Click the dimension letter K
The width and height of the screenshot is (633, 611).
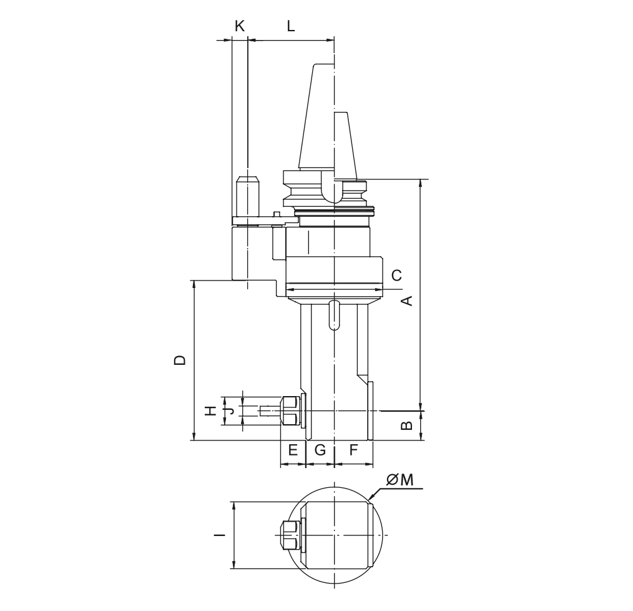tap(240, 26)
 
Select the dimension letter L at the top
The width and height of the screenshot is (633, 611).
tap(291, 26)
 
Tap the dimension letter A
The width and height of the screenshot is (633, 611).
tap(408, 301)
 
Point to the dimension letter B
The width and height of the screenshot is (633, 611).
tap(408, 425)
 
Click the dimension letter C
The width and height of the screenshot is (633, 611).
tap(397, 275)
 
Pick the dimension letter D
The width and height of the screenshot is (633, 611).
tap(180, 360)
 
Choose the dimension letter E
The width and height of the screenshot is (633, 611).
tap(293, 449)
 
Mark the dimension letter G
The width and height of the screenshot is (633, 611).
tap(320, 449)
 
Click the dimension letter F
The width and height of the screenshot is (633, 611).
tap(353, 449)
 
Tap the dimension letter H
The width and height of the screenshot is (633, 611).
tap(210, 411)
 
